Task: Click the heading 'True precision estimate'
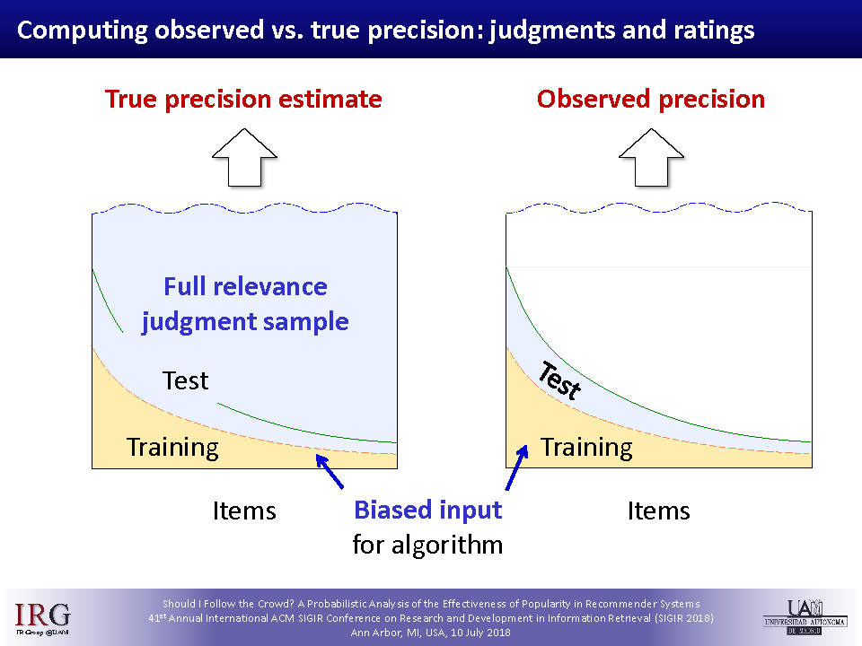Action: click(x=243, y=100)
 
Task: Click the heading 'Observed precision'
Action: click(x=651, y=100)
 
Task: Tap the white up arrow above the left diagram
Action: click(x=244, y=158)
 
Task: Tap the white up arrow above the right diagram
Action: click(x=652, y=158)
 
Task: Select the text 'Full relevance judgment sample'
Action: click(x=245, y=304)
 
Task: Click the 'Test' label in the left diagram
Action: click(x=185, y=380)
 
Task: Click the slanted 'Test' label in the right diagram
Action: click(x=559, y=380)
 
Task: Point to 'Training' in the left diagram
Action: click(x=172, y=448)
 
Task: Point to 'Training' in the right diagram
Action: click(x=586, y=448)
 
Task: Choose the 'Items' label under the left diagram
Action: click(x=244, y=511)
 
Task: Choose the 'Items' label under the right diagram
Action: click(x=658, y=511)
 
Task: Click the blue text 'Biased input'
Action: click(x=427, y=511)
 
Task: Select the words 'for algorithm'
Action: click(x=427, y=545)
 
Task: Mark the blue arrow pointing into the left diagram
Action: click(x=330, y=471)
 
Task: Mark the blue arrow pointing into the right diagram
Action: click(x=517, y=467)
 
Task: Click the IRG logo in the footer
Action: click(x=42, y=618)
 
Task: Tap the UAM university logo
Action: click(x=805, y=617)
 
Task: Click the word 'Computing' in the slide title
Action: click(x=83, y=31)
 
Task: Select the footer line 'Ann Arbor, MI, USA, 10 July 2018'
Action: click(x=430, y=633)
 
